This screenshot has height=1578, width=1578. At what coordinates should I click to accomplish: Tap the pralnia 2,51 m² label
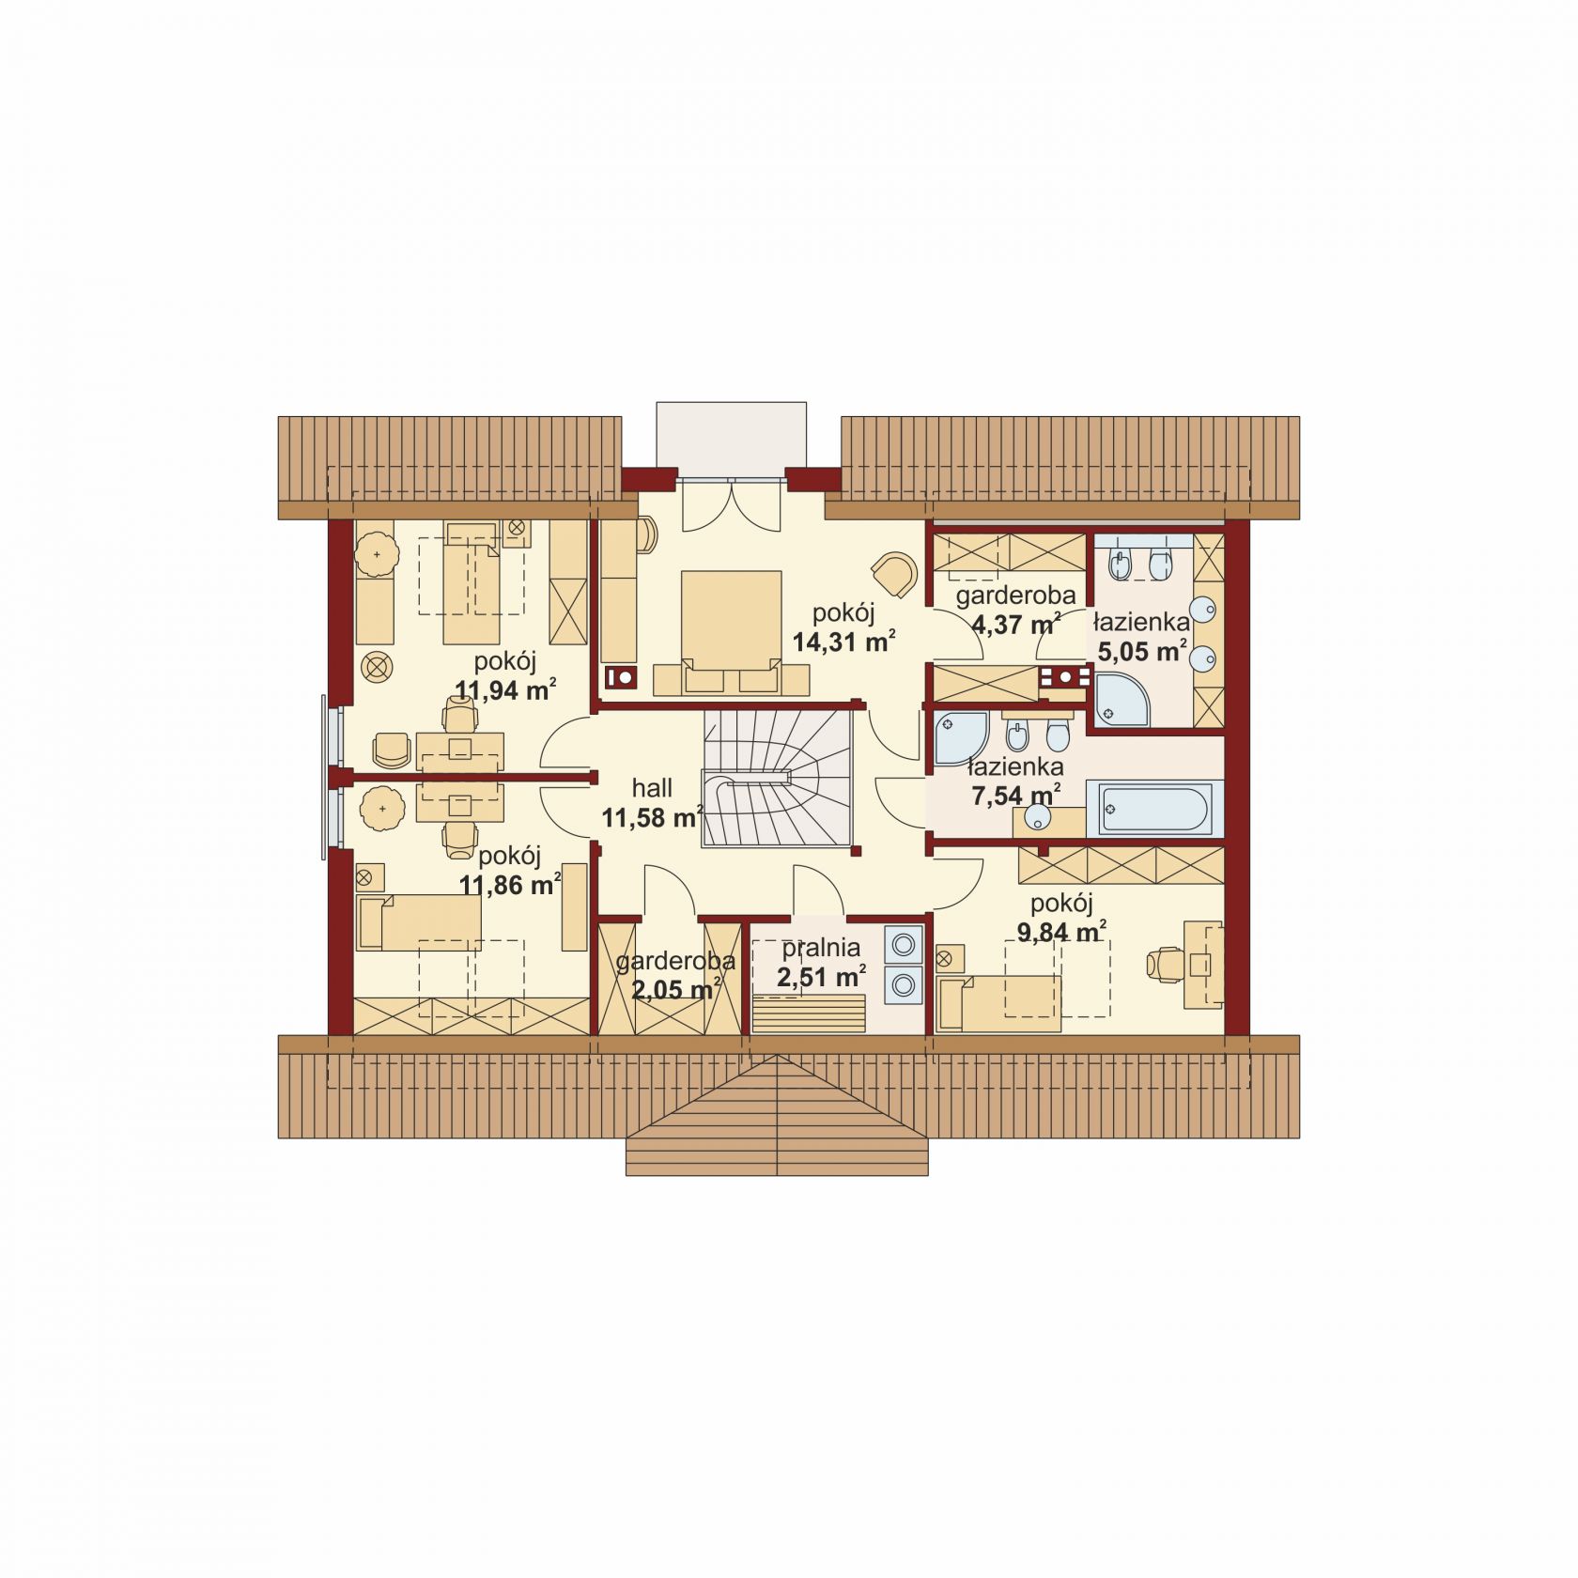pyautogui.click(x=821, y=963)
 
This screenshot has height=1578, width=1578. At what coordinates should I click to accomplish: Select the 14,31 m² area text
pyautogui.click(x=843, y=643)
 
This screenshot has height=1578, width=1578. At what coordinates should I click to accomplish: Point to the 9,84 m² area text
pyautogui.click(x=1061, y=933)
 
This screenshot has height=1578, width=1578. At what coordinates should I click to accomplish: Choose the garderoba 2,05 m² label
pyautogui.click(x=675, y=976)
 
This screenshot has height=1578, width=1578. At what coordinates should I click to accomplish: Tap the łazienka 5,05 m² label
pyautogui.click(x=1141, y=636)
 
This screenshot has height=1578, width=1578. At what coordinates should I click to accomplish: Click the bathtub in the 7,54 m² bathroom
pyautogui.click(x=1155, y=807)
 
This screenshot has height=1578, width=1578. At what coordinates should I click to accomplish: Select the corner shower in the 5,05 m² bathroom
pyautogui.click(x=1122, y=698)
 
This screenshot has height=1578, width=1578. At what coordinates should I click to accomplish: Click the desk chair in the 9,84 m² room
pyautogui.click(x=1164, y=965)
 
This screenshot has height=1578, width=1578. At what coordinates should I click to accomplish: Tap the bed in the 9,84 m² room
pyautogui.click(x=999, y=1003)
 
